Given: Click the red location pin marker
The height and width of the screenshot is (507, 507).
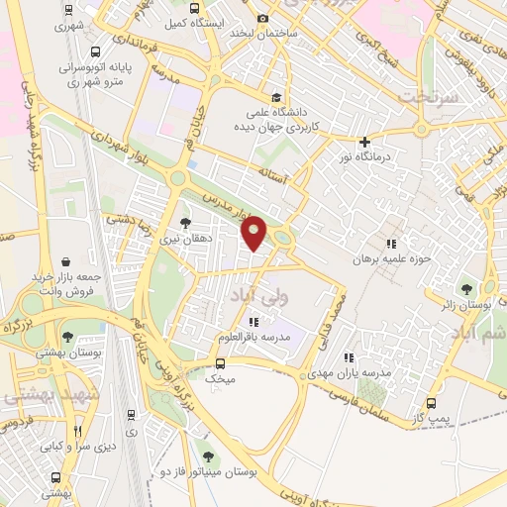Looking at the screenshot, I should click(254, 234).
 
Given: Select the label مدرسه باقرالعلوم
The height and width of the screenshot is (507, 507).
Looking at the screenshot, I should click(253, 338).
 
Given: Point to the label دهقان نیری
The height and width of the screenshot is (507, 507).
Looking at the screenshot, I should click(185, 239).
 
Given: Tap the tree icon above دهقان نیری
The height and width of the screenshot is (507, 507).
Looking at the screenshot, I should click(185, 223).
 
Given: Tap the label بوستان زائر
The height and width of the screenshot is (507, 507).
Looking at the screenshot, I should click(467, 307).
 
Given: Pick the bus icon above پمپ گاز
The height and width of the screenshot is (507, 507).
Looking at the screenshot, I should click(430, 403).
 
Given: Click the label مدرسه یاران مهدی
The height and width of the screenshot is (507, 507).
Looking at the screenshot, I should click(349, 372).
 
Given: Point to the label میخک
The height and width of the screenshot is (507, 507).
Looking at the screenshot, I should click(219, 378).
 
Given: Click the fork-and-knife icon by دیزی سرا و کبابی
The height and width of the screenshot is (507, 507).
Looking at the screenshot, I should click(78, 432).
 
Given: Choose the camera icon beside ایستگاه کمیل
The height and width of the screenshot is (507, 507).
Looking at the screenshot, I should click(262, 18).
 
